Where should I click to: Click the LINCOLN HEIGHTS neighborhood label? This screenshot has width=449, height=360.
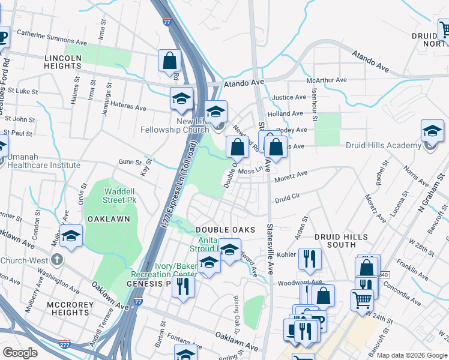[x=62, y=62]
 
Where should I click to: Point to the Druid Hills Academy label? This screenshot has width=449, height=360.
[x=384, y=145]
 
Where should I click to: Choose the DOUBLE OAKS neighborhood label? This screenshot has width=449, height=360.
[x=225, y=230]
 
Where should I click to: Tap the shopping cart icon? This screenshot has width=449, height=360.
[x=362, y=299]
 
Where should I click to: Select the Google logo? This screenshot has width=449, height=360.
[x=20, y=353]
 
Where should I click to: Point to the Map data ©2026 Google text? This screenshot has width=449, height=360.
[x=411, y=355]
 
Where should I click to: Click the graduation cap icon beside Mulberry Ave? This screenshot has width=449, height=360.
[x=71, y=235]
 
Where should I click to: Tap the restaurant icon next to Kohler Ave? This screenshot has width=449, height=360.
[x=310, y=259]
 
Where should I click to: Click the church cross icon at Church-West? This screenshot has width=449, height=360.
[x=57, y=260]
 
